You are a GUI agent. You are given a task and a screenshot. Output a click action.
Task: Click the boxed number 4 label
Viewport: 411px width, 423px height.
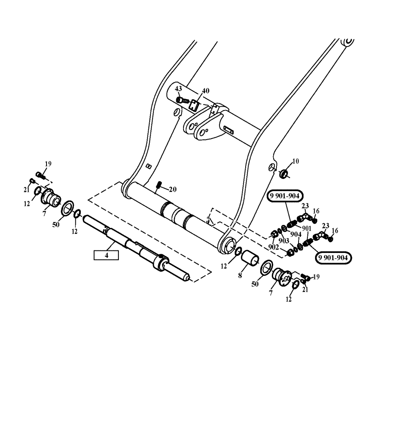(106, 255)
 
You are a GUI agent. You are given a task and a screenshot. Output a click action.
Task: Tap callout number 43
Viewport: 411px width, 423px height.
(178, 89)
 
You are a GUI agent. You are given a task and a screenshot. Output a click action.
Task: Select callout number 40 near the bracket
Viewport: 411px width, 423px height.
(205, 91)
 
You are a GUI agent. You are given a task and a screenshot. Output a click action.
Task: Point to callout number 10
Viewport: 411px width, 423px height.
(295, 161)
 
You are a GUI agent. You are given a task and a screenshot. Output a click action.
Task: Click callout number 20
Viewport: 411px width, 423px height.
(173, 189)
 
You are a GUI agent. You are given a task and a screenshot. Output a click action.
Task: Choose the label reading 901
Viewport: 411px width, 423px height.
(307, 229)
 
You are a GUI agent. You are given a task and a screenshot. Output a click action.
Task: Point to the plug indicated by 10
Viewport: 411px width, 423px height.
(284, 173)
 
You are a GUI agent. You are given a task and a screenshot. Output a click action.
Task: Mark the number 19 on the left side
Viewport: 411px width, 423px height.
(48, 164)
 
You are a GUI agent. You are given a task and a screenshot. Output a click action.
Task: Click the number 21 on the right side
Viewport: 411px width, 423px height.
(305, 289)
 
